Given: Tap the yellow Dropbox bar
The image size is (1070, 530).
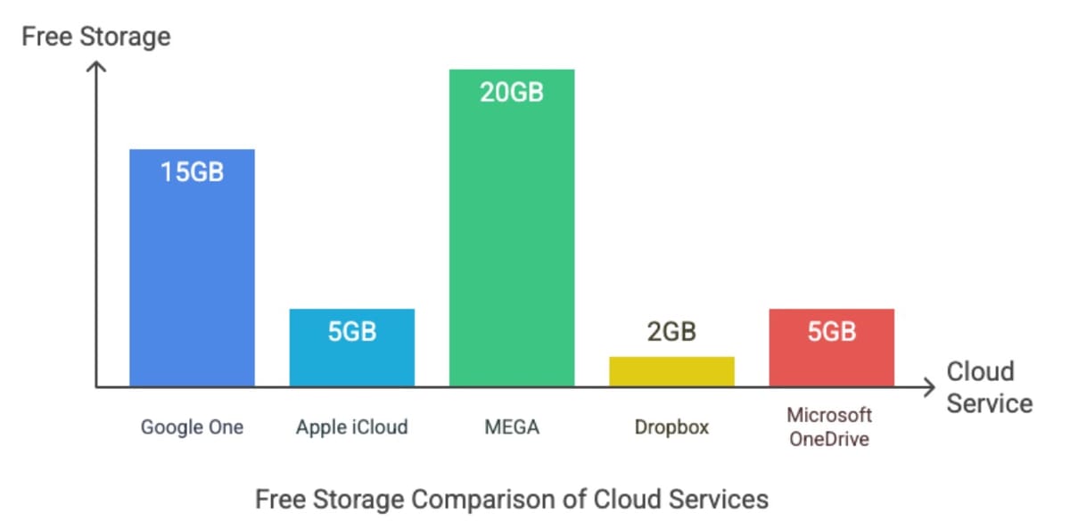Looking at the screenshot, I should [671, 371].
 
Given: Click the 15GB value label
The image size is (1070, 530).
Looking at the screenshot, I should [192, 171].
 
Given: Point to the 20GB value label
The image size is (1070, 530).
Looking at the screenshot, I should [512, 92].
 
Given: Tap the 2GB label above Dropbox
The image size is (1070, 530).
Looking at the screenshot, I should [671, 332].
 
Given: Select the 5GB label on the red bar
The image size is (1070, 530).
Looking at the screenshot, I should [831, 332].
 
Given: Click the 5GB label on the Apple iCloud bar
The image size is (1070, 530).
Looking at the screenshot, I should [352, 332].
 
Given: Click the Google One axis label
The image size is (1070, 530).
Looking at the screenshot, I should [192, 427].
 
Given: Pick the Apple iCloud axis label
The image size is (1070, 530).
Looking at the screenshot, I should [352, 427].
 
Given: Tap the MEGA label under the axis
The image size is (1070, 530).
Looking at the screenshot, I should [512, 427].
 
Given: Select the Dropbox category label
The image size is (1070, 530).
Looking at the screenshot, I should [671, 427].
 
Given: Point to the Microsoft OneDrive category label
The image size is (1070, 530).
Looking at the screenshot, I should [829, 427].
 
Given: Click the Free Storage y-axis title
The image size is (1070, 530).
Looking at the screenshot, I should [95, 37].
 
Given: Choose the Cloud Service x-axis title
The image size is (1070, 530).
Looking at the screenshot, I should [988, 387].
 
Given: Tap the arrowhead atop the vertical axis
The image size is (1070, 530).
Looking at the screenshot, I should [96, 66].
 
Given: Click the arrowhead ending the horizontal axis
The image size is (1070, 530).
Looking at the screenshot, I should [929, 387].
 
